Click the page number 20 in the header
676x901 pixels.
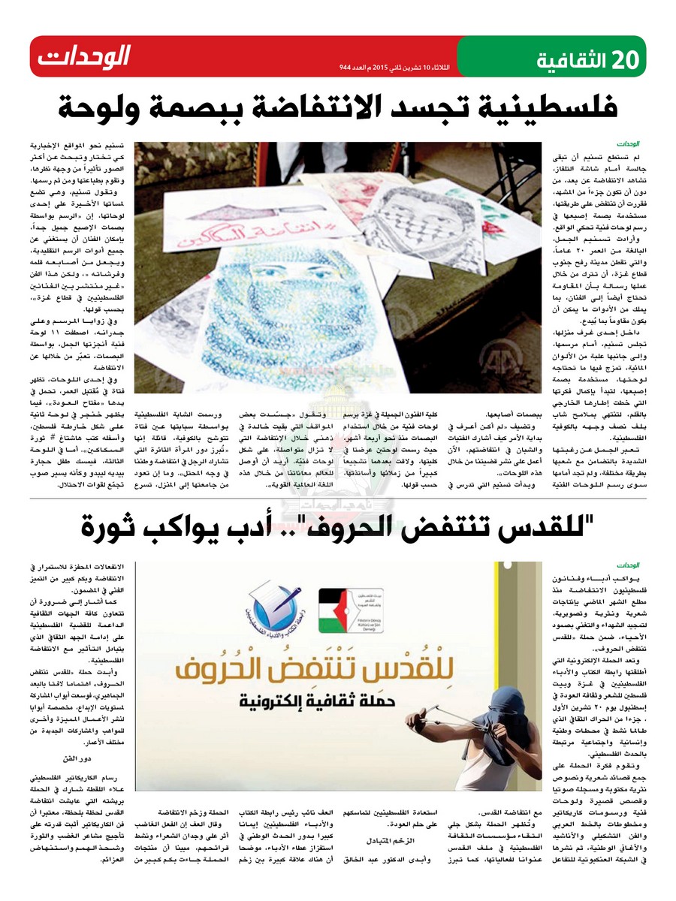620,57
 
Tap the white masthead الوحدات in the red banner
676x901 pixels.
84,56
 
